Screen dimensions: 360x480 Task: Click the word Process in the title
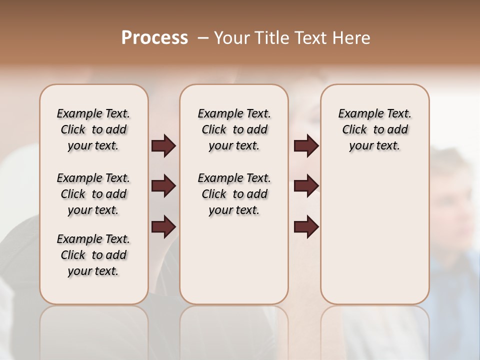154,38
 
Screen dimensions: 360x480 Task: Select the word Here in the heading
350,38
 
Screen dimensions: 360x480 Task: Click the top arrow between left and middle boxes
163,145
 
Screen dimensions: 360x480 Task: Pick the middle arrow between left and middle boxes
163,186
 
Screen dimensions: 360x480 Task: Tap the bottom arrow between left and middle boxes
163,226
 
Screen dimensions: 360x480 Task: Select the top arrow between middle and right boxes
306,145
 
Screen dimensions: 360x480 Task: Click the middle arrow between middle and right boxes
306,186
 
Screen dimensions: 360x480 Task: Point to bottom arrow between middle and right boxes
306,226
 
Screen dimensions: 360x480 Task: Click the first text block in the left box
93,129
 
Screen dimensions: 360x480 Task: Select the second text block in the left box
93,194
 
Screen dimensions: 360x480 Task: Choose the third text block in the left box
93,255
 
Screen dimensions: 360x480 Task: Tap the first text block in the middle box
234,129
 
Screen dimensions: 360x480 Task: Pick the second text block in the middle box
234,194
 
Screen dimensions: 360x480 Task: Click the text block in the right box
375,129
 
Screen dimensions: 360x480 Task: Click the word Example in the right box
356,114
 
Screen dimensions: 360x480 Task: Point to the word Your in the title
231,38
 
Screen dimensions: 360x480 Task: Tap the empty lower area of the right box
375,235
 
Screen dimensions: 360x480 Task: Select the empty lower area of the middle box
234,260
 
